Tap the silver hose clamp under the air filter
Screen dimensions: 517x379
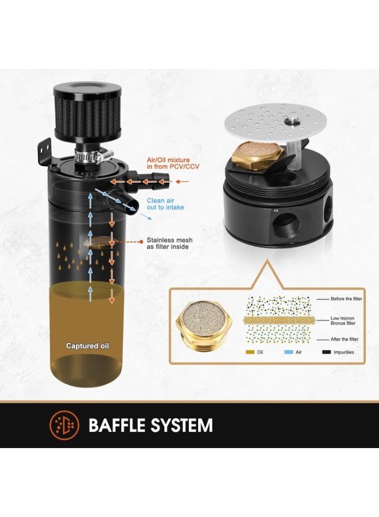(94, 155)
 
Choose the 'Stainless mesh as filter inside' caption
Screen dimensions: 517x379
(167, 244)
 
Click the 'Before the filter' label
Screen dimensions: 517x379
(344, 299)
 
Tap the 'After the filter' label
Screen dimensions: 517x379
(345, 339)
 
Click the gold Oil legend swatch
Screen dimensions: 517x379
(250, 352)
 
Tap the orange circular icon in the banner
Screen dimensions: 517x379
(64, 426)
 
